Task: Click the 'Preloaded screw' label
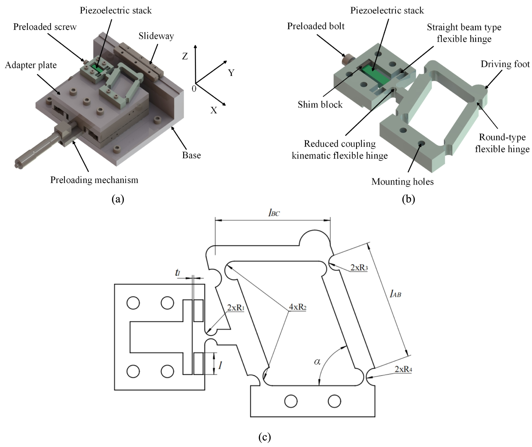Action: [45, 27]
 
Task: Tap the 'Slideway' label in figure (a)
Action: [156, 36]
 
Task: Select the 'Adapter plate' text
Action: [31, 65]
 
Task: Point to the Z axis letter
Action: [185, 56]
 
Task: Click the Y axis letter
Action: [231, 73]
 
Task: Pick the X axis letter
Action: [213, 110]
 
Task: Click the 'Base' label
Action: [191, 155]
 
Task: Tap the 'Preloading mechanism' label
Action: [94, 180]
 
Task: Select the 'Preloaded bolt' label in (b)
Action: [316, 26]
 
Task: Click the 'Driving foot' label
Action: [505, 64]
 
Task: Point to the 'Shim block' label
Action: [320, 105]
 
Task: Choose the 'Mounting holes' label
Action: [402, 182]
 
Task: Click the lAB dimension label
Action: [395, 294]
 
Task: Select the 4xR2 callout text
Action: [297, 307]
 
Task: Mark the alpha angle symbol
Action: [317, 361]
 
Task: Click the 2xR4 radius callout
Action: [403, 369]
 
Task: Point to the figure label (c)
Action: [264, 437]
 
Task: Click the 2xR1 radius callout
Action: [236, 308]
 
